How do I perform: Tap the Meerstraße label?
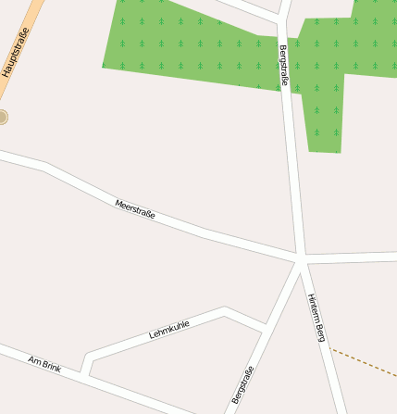[x=135, y=208]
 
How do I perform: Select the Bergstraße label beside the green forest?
[x=283, y=66]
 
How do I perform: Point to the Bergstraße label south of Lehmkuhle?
[x=242, y=385]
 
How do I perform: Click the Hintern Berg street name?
[x=316, y=317]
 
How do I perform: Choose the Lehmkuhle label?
[x=169, y=329]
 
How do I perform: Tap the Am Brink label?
[x=44, y=363]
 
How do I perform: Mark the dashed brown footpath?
[x=366, y=362]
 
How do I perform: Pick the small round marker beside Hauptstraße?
[x=3, y=117]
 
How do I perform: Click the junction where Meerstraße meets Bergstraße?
[x=301, y=255]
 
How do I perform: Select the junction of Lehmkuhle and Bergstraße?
[x=267, y=326]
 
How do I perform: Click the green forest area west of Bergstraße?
[x=185, y=46]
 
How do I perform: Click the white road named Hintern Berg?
[x=324, y=352]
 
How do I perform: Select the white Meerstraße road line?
[x=213, y=232]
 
